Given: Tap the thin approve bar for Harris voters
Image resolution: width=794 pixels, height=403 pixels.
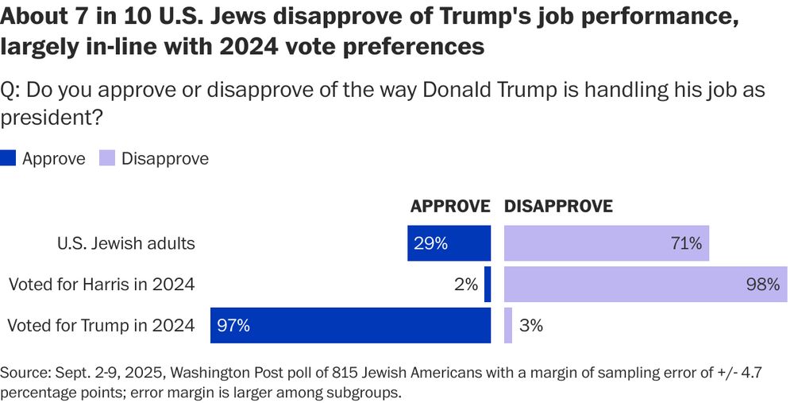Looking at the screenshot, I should point(488,284).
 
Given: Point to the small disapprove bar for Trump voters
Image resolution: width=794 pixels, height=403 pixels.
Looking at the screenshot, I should point(508,325).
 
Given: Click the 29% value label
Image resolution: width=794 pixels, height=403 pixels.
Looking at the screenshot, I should point(430,244).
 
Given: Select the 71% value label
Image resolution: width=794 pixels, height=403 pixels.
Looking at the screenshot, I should point(685,244).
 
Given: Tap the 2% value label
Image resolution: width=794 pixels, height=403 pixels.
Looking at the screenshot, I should point(466,284).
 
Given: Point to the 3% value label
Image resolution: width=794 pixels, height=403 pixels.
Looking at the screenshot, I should point(531,325).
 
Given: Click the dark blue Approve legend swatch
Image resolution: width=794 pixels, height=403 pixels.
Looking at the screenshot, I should point(8,158).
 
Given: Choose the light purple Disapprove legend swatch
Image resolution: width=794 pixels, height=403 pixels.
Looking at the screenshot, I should point(106,158).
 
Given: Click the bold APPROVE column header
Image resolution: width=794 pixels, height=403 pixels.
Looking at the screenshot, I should point(449,206).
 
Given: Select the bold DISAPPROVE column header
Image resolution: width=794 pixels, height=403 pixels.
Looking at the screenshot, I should point(559,206).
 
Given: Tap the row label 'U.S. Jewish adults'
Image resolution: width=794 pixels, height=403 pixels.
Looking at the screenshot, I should point(126,244).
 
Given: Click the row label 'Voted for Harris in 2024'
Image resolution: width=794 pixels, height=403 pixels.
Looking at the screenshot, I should point(101,284).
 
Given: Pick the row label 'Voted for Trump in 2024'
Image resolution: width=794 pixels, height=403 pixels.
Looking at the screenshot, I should point(100,325).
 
